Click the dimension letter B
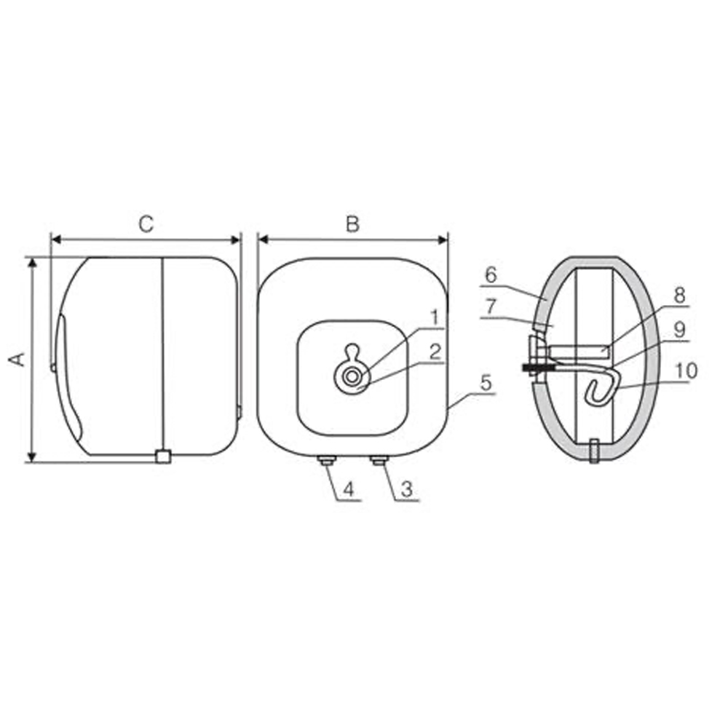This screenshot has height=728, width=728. (352, 224)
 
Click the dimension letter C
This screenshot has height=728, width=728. (146, 224)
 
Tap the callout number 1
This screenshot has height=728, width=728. (434, 317)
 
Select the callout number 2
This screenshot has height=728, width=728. (434, 352)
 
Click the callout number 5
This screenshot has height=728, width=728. (486, 381)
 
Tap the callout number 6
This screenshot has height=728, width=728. (490, 275)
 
